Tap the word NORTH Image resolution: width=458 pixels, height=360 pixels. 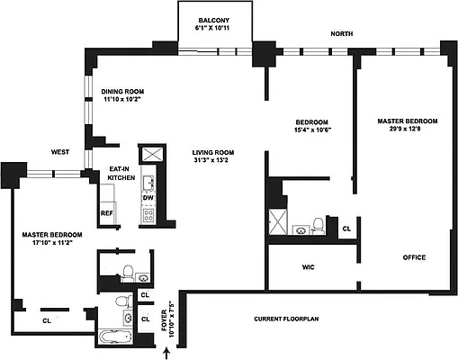(342, 34)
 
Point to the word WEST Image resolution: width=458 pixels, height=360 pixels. (60, 152)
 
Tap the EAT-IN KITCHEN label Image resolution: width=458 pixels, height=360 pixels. (121, 173)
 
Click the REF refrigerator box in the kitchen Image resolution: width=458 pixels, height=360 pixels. (107, 213)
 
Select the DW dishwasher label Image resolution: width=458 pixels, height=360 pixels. (148, 197)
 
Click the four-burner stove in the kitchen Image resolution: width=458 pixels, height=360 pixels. (148, 216)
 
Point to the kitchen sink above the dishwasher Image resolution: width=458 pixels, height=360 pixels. (148, 178)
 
